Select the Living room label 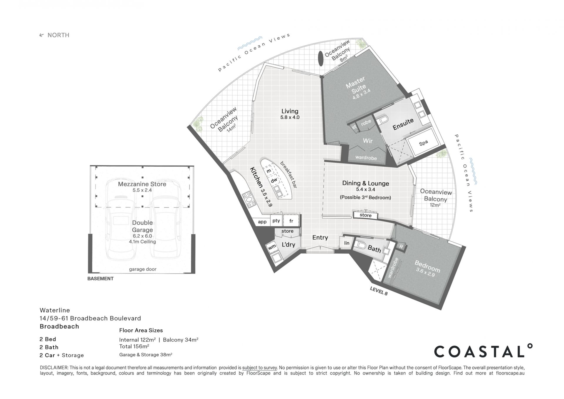[290, 114]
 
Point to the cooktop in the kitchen [249, 200]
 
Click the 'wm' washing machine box [272, 247]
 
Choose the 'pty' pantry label [276, 221]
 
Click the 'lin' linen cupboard [347, 243]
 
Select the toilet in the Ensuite [383, 120]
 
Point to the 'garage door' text [142, 269]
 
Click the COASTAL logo [483, 350]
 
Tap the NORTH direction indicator [55, 35]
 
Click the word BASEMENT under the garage [100, 278]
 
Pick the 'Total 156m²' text [134, 346]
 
